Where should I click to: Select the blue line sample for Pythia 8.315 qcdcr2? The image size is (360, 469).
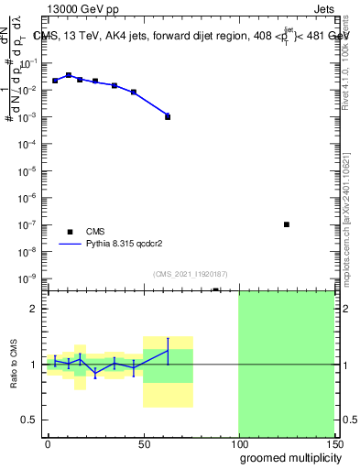click(70, 245)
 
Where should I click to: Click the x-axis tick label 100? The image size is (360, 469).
click(238, 443)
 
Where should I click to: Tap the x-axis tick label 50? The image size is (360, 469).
click(144, 443)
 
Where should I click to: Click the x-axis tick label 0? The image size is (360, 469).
click(49, 443)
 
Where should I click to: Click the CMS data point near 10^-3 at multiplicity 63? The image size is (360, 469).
click(168, 116)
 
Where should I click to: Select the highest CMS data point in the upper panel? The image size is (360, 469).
click(69, 75)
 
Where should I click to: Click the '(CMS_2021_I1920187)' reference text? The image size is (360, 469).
click(190, 273)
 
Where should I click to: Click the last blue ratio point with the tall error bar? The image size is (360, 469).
click(168, 351)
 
